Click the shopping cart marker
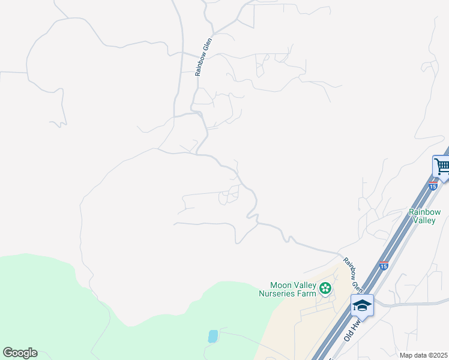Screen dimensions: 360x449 441,166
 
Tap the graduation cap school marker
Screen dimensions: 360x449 362,305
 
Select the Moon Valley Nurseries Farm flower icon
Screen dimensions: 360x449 325,289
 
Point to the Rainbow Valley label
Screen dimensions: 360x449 424,216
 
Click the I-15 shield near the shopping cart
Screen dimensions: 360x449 433,186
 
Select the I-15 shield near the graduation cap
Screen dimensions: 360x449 384,265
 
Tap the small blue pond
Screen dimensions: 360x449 213,336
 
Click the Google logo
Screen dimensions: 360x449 20,353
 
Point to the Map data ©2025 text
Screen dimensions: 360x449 423,355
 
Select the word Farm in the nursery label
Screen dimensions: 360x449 306,293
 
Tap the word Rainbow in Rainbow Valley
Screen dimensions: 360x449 424,212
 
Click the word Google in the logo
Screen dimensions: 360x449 20,353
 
